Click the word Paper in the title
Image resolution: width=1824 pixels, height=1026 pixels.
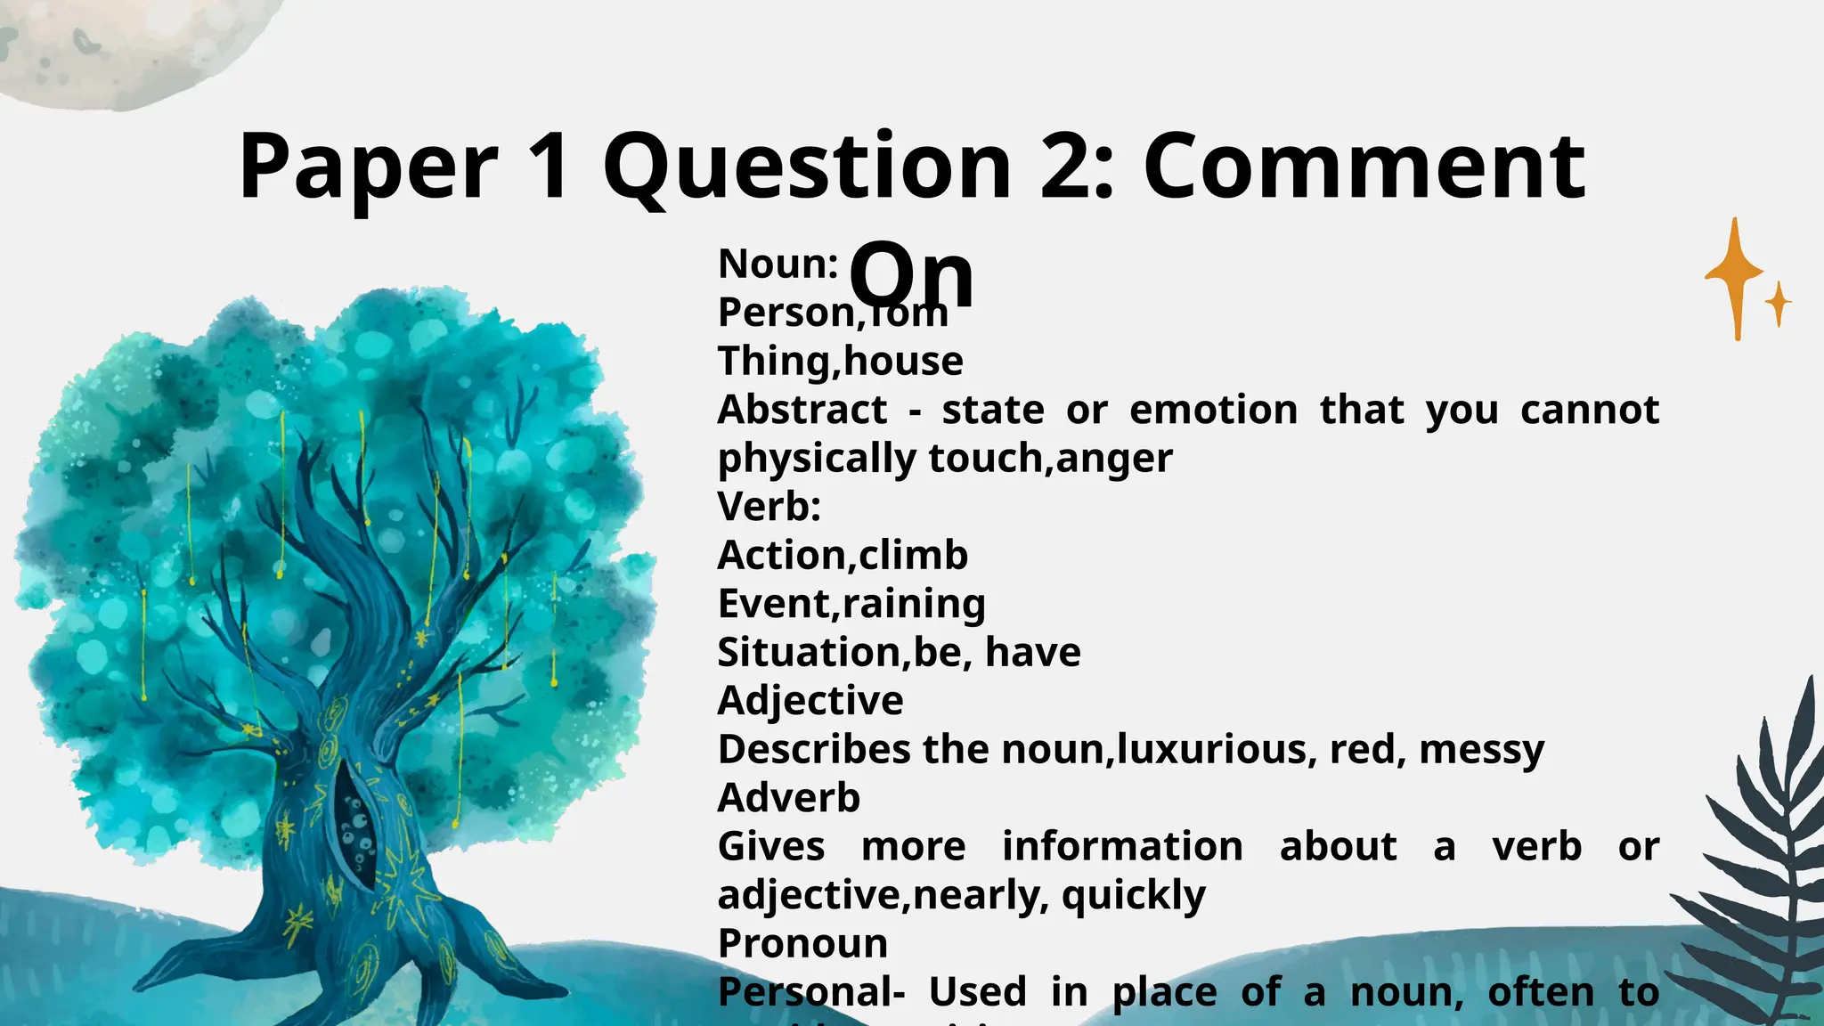[x=368, y=167]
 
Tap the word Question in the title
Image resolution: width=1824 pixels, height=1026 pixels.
[x=807, y=167]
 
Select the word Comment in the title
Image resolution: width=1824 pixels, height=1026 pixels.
[x=1364, y=167]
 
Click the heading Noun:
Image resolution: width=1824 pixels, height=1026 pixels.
[x=778, y=265]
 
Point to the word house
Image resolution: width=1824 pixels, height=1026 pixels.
[x=903, y=362]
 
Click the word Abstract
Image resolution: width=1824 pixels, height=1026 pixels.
[x=802, y=410]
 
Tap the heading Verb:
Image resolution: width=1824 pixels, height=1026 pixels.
[x=769, y=507]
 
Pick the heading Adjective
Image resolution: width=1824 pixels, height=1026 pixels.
[x=810, y=701]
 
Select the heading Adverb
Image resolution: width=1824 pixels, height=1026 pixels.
[x=789, y=798]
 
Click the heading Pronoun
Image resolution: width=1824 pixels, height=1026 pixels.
[x=802, y=943]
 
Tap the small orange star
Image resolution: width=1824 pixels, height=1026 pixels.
[x=1778, y=304]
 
